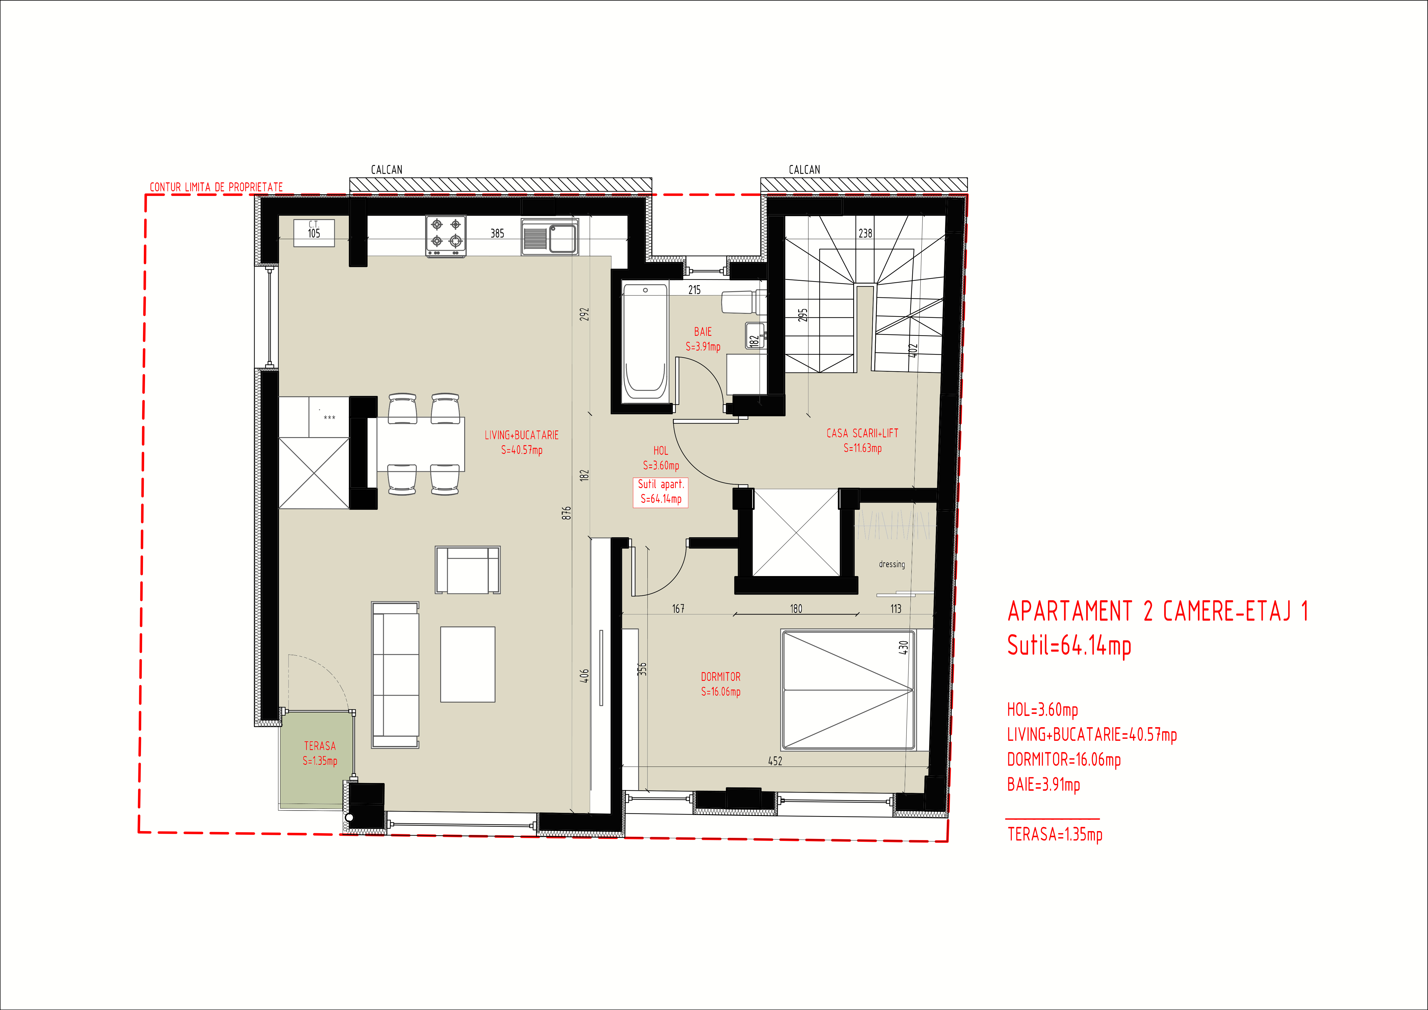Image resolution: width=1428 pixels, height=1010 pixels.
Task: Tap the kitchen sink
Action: coord(550,237)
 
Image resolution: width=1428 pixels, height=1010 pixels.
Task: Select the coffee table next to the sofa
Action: coord(468,664)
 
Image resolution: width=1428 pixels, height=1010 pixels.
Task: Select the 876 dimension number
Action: coord(566,513)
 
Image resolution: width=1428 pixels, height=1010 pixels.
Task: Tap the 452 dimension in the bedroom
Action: coord(775,760)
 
